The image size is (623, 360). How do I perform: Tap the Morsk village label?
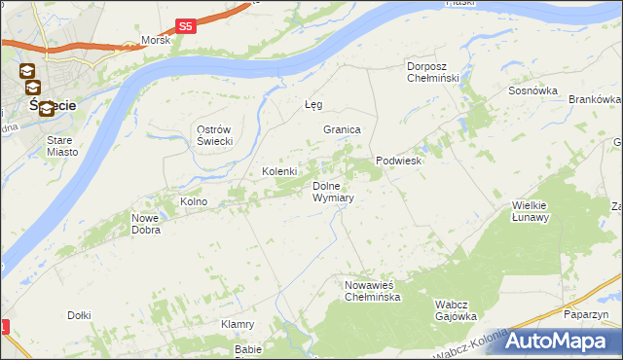[x=156, y=40]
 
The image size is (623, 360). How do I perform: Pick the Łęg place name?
[x=313, y=104]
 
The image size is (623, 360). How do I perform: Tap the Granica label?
[x=342, y=129]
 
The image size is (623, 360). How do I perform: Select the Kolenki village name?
[x=279, y=171]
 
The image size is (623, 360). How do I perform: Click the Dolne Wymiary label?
[x=332, y=192]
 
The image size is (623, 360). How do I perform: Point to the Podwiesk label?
[x=398, y=162]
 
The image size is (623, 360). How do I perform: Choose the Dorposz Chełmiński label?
[x=432, y=72]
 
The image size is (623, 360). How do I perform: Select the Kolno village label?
[x=194, y=201]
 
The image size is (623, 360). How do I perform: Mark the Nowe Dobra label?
[x=145, y=225]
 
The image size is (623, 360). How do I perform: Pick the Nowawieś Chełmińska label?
[x=372, y=291]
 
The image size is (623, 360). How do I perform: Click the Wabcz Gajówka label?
[x=455, y=310]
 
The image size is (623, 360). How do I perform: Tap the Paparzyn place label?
[x=585, y=314]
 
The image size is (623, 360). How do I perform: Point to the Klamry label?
[x=238, y=324]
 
